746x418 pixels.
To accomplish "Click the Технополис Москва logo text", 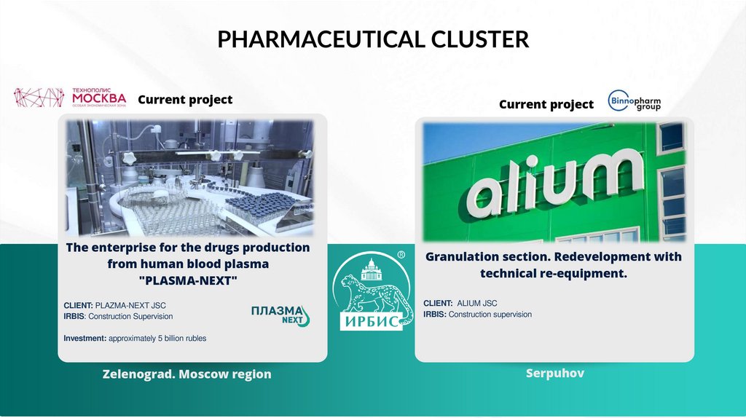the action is [x=99, y=97].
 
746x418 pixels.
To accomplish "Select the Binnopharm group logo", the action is [x=635, y=100].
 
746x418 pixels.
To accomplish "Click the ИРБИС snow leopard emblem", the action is [x=372, y=291].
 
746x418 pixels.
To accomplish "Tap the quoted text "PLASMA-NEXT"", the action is [x=188, y=280].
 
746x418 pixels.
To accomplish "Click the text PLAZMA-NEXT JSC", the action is [x=130, y=305].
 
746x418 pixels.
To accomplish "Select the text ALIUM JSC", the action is [x=477, y=303].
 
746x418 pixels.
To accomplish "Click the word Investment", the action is [x=85, y=338].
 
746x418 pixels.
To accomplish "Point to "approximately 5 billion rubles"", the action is [x=157, y=339].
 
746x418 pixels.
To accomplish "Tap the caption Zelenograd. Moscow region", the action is [x=187, y=374].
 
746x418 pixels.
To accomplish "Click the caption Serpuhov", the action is [x=554, y=374].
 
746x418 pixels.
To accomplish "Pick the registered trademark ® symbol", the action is [x=401, y=255].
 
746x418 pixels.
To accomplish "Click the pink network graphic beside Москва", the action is [x=39, y=98].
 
